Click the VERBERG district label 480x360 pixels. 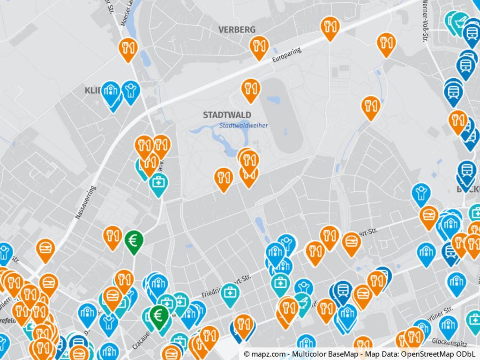pos(237,30)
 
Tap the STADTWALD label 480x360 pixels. pos(227,115)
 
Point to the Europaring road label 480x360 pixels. pos(286,55)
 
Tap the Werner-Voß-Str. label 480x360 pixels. pos(426,21)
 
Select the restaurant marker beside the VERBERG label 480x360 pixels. pos(258,45)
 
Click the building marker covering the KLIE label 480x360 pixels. pos(111,91)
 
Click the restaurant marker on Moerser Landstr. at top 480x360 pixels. pos(127,48)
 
